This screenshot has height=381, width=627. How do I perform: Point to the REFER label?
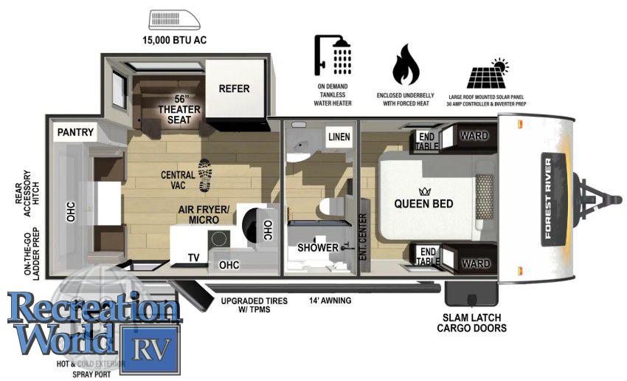point(234,89)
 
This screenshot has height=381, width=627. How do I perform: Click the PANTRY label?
point(75,132)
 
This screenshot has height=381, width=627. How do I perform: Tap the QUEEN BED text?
point(423,203)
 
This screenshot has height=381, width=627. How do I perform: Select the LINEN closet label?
point(339,137)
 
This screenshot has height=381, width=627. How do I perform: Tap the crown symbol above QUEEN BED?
point(423,188)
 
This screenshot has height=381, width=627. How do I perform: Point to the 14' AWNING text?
point(330,301)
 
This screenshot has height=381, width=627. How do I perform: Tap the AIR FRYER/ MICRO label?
point(204,215)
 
